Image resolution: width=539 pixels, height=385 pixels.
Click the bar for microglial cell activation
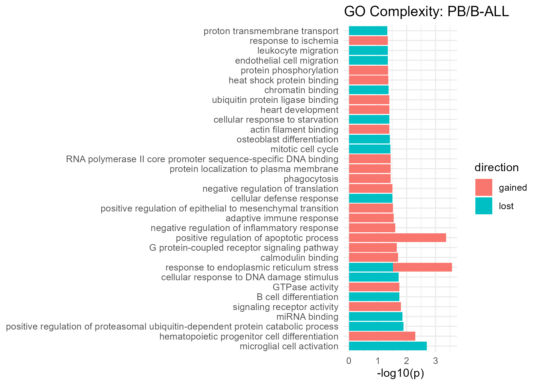pos(388,346)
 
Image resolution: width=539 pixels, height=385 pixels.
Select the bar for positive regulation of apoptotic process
pos(397,238)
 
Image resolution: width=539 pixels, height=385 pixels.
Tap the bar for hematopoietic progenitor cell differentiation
pos(382,336)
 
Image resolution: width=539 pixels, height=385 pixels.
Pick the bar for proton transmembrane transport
pos(368,31)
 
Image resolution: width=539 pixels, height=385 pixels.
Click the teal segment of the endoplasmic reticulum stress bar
pos(371,267)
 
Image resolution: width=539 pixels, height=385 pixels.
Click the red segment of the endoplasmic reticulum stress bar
pos(422,267)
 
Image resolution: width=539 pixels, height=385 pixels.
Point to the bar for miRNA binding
pos(376,316)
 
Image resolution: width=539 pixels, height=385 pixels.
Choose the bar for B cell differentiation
pos(374,297)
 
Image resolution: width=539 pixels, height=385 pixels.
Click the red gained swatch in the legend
pos(484,187)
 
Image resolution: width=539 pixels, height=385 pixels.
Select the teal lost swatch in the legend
pos(484,206)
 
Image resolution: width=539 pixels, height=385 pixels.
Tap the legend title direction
pos(496,168)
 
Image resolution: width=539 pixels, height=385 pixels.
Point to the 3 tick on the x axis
pos(435,361)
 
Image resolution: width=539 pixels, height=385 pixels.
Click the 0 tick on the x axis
pos(349,361)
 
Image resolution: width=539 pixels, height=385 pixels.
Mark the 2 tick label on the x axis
pos(407,361)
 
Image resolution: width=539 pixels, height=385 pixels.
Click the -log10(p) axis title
pos(400,373)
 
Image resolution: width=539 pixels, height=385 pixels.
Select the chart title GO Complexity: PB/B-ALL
pos(426,12)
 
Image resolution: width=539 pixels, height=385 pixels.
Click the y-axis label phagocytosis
pos(311,179)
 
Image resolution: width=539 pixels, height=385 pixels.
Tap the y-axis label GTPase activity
pos(305,287)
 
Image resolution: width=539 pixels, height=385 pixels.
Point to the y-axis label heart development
pos(299,110)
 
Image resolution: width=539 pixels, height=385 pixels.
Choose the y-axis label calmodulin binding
pos(299,257)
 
